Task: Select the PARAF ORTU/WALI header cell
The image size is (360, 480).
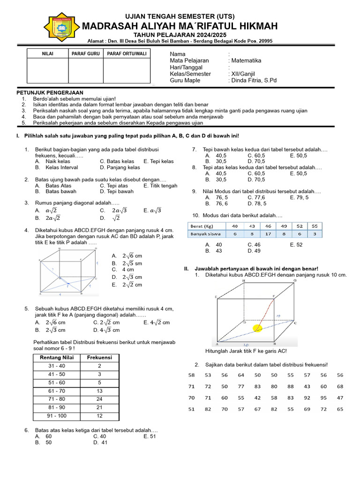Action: coord(127,54)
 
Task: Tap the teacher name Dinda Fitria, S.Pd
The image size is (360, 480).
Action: coord(254,80)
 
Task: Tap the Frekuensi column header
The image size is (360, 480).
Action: coord(99,357)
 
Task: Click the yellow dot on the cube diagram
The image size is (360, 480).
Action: coord(257,328)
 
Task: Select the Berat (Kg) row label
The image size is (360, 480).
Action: coord(202,226)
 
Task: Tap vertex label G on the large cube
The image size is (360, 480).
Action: coord(295,280)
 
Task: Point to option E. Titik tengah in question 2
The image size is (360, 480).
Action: coord(160,186)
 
